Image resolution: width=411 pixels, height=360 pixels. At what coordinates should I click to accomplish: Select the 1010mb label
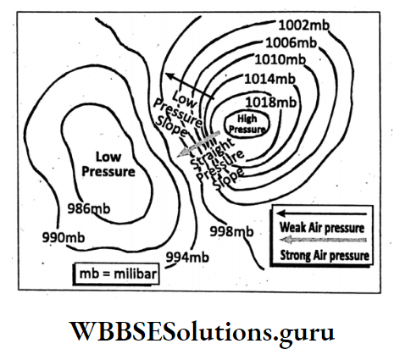click(x=280, y=59)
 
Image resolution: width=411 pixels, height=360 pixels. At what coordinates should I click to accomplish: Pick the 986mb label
click(x=89, y=208)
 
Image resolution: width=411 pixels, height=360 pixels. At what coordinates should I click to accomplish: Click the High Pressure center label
click(x=247, y=125)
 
